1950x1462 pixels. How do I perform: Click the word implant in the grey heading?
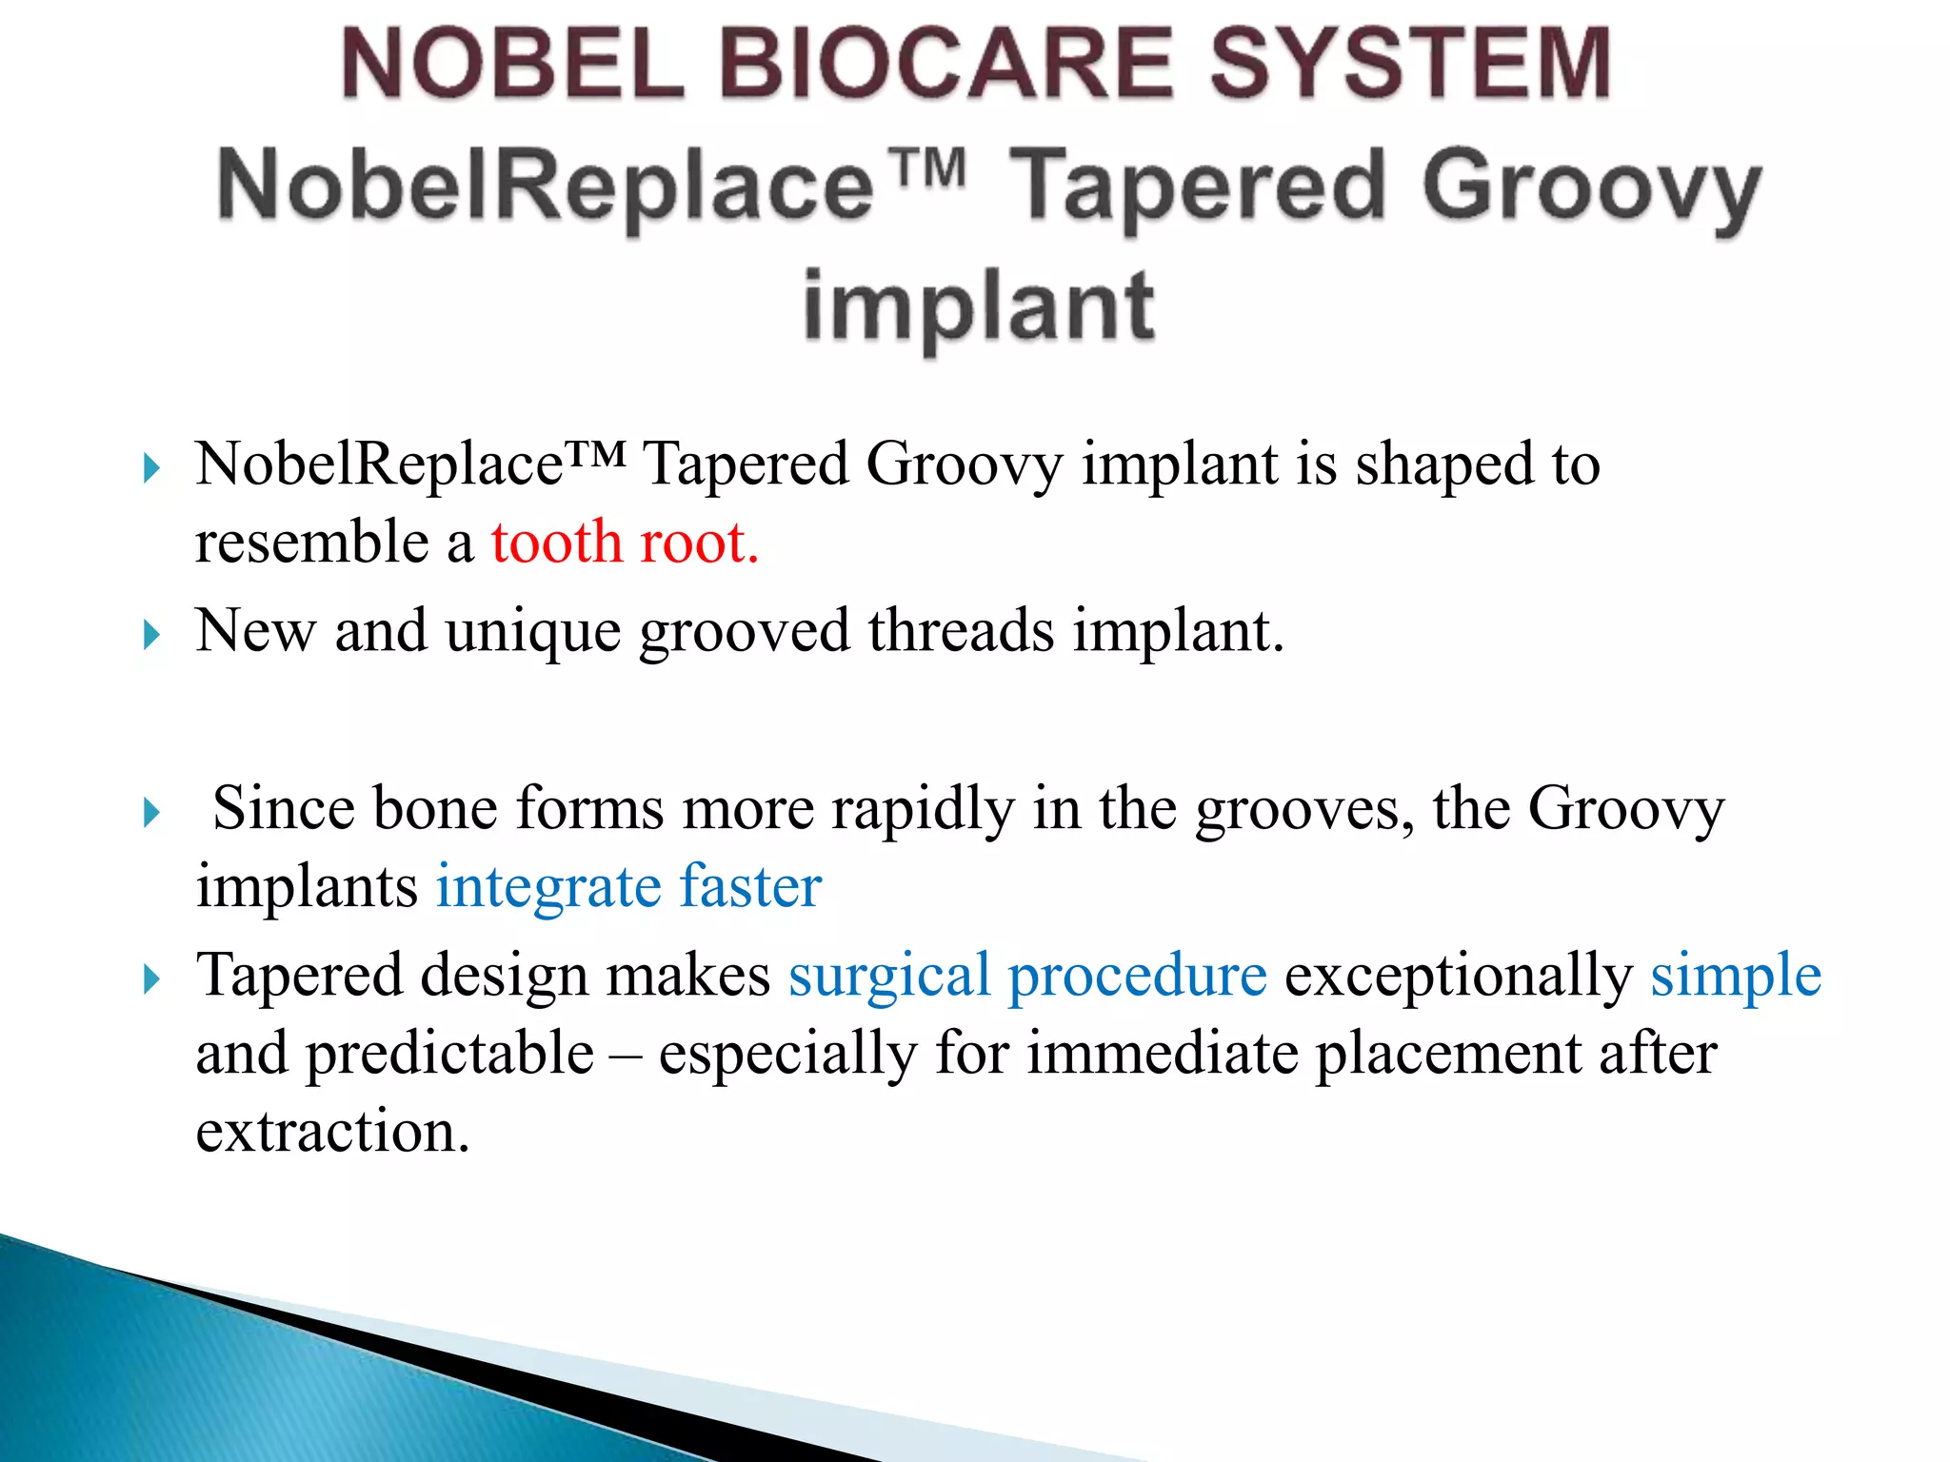978,307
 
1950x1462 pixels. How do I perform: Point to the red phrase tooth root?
625,543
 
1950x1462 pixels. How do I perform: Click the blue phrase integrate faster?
628,887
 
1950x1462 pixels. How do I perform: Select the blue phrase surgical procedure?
1027,976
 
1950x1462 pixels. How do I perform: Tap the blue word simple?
1735,976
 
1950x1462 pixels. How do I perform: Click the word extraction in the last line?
332,1132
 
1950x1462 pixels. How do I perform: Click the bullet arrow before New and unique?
151,635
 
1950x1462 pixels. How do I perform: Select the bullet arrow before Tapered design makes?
151,979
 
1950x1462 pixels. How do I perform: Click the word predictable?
449,1054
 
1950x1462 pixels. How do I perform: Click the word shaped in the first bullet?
1443,465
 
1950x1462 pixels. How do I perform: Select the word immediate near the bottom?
1163,1054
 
